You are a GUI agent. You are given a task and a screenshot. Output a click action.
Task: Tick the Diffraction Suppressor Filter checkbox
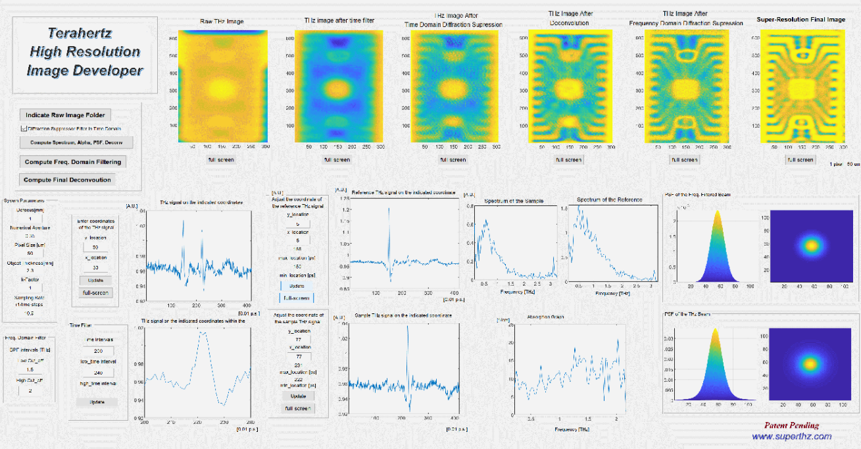(24, 128)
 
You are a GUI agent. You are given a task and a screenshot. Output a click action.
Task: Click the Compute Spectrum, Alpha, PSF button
(77, 142)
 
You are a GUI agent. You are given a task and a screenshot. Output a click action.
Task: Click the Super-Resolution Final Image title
(800, 20)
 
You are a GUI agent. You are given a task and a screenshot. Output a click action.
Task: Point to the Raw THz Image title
(222, 22)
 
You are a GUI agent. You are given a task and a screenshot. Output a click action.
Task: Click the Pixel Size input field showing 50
(30, 253)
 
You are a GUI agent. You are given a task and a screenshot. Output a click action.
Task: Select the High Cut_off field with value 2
(30, 390)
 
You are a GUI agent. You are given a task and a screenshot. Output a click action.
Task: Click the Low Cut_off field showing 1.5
(30, 370)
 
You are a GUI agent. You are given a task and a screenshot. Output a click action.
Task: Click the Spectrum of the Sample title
(514, 201)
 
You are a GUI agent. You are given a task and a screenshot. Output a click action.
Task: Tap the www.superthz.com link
(791, 436)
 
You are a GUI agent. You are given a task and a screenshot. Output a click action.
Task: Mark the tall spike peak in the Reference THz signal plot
(389, 209)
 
